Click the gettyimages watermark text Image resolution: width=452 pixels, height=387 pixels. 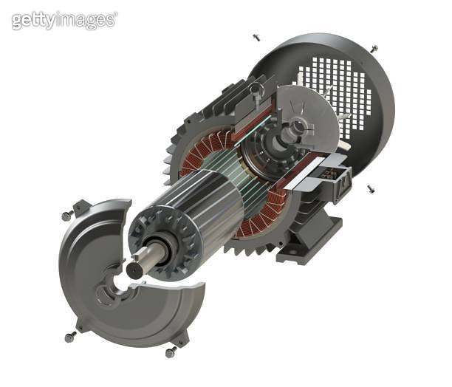pos(64,20)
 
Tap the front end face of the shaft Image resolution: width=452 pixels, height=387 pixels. pos(136,270)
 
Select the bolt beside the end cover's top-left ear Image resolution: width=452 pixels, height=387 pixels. pos(65,215)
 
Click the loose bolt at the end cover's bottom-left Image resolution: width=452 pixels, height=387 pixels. pos(70,337)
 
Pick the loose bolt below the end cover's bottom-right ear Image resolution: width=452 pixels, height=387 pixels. pos(171,352)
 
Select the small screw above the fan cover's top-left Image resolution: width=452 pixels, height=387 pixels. pos(256,36)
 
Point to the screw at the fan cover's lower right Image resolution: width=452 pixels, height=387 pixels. pos(370,189)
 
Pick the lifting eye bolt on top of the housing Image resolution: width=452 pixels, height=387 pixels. pos(256,91)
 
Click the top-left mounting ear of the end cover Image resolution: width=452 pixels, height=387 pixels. pos(82,208)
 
